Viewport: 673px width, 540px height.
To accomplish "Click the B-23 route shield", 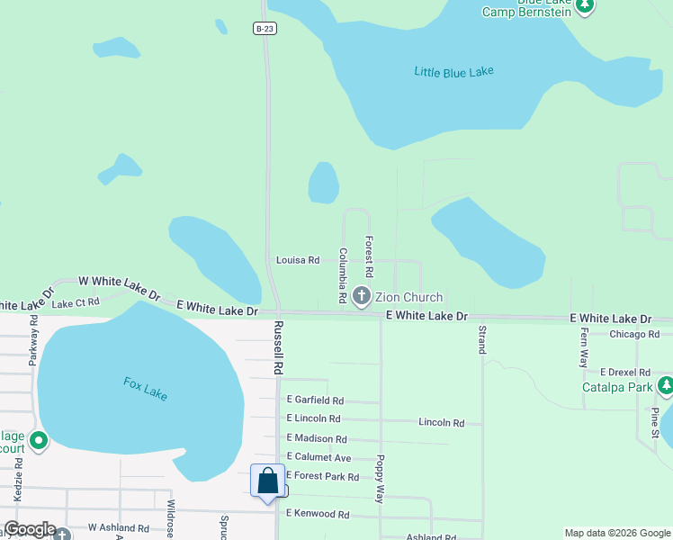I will (263, 29).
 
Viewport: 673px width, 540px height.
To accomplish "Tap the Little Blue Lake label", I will (453, 72).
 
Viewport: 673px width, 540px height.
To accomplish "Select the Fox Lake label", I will (146, 389).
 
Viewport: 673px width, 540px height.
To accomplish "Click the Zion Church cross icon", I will (362, 295).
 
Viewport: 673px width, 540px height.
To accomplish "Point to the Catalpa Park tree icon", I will (665, 387).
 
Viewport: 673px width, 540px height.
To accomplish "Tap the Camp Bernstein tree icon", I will (586, 5).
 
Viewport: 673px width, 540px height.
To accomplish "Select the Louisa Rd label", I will (298, 260).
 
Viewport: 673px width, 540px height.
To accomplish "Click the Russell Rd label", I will (279, 348).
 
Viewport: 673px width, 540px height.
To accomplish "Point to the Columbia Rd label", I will (343, 275).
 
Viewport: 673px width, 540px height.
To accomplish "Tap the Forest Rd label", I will (369, 256).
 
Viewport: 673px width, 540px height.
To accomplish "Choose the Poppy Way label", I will (381, 478).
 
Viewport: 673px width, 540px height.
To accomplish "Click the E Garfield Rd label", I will (315, 400).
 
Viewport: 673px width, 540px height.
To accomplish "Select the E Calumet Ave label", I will (319, 457).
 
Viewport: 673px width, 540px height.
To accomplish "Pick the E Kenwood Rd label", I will (317, 514).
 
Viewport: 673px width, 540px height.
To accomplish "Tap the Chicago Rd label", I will (634, 335).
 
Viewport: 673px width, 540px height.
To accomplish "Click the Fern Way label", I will (582, 346).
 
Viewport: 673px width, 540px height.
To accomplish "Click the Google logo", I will (30, 530).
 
